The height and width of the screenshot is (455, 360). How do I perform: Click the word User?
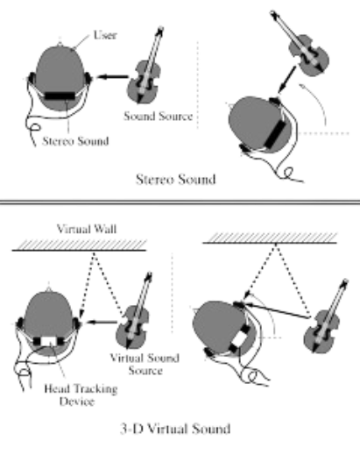pos(105,35)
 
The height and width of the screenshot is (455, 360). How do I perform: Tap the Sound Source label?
pos(159,116)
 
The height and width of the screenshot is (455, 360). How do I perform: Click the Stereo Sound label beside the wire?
pos(75,141)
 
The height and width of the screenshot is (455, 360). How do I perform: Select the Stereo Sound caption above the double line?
pos(176,179)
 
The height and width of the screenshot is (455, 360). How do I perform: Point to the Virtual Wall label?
pos(87,229)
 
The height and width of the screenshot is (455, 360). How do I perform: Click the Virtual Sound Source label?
pos(145,364)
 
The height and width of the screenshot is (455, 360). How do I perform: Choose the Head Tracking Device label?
pos(81,395)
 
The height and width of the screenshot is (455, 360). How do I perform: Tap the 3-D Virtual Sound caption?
pos(175,429)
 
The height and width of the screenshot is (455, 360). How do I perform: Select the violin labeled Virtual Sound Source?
pos(135,314)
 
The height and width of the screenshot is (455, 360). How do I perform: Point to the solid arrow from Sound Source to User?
pos(112,77)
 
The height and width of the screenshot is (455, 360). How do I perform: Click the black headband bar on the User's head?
pos(60,96)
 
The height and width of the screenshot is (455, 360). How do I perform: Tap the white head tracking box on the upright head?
pos(48,341)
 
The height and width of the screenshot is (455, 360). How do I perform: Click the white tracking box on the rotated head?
pos(240,338)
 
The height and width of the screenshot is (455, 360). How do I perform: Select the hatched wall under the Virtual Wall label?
pos(79,245)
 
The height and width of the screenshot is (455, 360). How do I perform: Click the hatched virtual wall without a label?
pos(270,238)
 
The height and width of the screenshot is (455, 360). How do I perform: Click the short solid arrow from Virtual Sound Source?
pos(102,323)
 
